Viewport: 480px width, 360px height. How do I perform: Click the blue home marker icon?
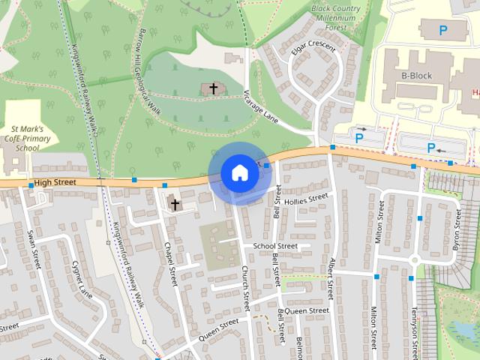click(x=240, y=172)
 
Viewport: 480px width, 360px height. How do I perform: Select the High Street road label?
click(x=56, y=181)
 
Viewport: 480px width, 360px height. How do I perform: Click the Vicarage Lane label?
click(x=261, y=107)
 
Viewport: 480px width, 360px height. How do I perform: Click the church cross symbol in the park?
click(x=213, y=89)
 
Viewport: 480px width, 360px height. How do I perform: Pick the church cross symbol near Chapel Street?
click(x=175, y=203)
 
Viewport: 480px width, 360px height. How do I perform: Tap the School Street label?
click(x=275, y=246)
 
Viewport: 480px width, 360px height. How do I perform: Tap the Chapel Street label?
click(x=171, y=264)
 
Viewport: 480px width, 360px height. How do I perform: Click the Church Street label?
click(x=245, y=289)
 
